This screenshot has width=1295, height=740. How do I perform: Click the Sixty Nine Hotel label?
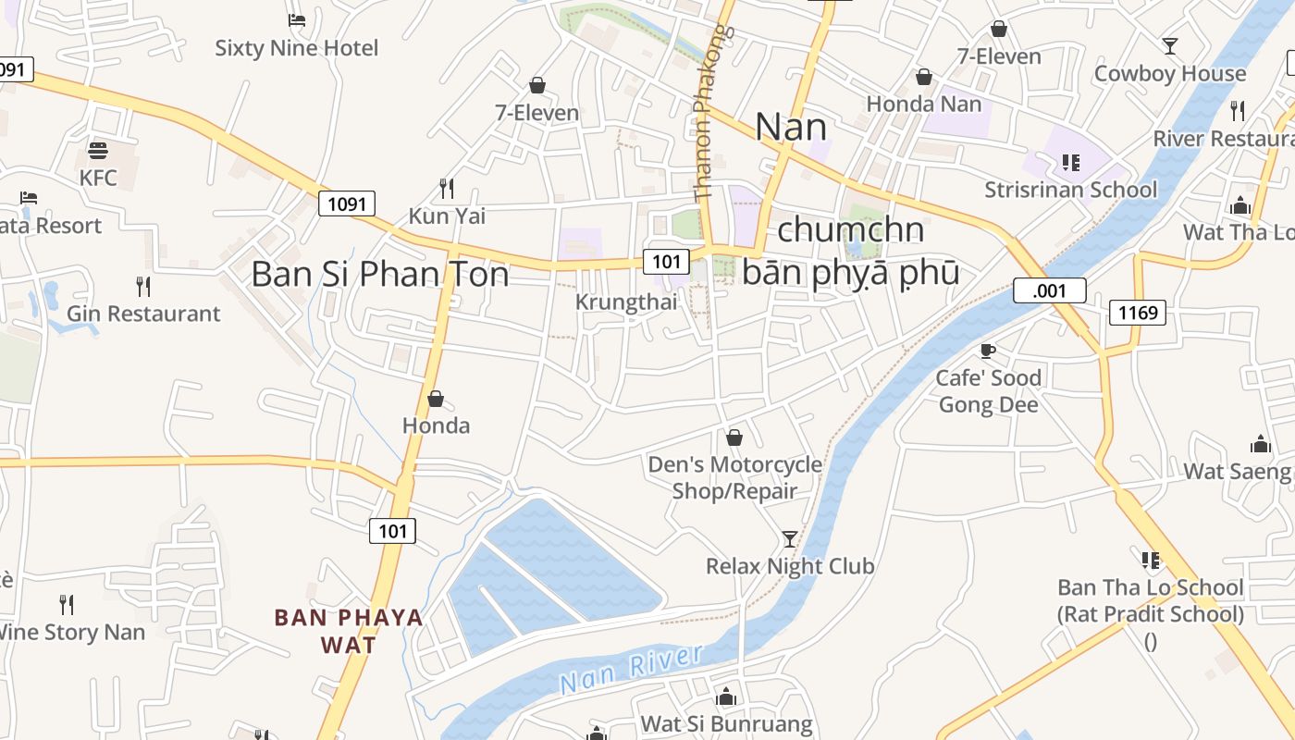tap(297, 48)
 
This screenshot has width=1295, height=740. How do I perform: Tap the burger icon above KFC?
tap(98, 150)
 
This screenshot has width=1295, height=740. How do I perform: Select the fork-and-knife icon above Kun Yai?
tap(447, 189)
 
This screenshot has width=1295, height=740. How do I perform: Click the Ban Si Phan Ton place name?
tap(380, 274)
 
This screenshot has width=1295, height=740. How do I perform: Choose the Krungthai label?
tap(626, 302)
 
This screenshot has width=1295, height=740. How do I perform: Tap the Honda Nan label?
tap(924, 104)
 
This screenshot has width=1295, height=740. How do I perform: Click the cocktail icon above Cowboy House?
tap(1170, 45)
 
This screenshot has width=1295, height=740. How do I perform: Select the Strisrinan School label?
tap(1070, 190)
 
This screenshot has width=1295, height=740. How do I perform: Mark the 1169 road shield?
tap(1138, 313)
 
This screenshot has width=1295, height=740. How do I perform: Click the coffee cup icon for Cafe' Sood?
tap(988, 351)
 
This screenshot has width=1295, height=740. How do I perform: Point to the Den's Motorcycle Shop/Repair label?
tap(734, 477)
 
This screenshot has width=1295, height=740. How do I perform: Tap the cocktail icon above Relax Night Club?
tap(790, 538)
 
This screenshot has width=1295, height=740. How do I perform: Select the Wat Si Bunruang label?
tap(727, 723)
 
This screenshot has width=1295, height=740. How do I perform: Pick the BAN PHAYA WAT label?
tap(349, 630)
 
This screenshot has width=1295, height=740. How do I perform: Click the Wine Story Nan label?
tap(70, 633)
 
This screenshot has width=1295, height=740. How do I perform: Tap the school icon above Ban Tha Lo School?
tap(1151, 560)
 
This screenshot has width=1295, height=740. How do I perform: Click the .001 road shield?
tap(1049, 290)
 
